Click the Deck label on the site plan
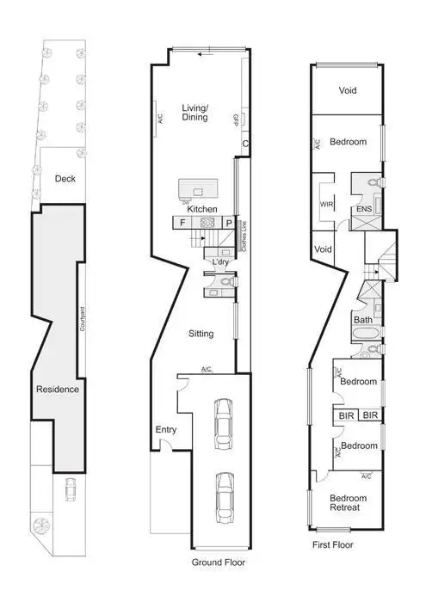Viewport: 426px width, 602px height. (65, 179)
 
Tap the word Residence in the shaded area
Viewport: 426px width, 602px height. (58, 389)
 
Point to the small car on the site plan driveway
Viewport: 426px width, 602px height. (69, 489)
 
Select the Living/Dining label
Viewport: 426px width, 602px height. (195, 113)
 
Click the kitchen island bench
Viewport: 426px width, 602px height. (194, 189)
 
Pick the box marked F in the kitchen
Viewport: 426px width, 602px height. (183, 222)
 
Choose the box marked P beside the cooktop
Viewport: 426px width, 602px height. (229, 222)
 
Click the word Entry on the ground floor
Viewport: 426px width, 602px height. (166, 429)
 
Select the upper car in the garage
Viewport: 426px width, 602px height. (224, 418)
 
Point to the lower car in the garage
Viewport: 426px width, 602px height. (224, 497)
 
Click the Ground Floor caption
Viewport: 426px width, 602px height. (218, 562)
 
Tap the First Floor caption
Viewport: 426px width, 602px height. (332, 544)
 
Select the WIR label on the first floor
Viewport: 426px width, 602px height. (327, 205)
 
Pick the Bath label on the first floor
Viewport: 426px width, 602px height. (362, 320)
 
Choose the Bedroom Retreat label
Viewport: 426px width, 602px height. (349, 503)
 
